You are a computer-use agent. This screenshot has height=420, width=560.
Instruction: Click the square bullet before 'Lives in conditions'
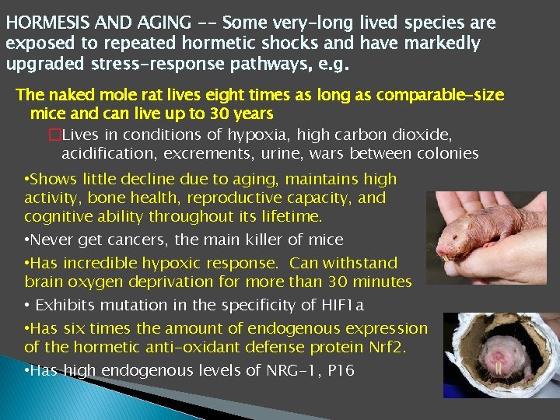click(54, 134)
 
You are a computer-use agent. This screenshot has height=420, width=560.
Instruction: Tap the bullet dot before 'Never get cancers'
click(27, 240)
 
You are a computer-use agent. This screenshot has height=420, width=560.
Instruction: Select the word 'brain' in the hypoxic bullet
click(45, 282)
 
